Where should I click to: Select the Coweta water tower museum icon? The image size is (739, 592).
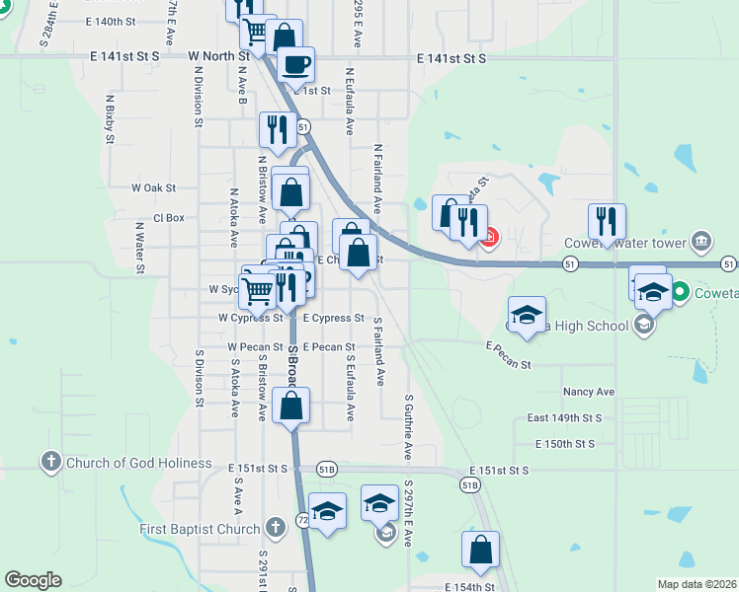click(700, 240)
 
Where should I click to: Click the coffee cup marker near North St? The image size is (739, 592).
click(295, 66)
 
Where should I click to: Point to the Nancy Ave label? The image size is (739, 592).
click(589, 392)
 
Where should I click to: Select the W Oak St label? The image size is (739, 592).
click(153, 187)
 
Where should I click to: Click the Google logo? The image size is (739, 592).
click(33, 580)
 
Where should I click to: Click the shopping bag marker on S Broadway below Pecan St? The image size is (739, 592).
click(291, 407)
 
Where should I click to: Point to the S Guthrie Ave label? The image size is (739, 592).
click(408, 427)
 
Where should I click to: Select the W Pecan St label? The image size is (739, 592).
click(256, 347)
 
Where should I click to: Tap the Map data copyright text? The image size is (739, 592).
click(697, 584)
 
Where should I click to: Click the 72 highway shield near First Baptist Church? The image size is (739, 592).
click(302, 519)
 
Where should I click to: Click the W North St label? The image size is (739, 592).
click(219, 56)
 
